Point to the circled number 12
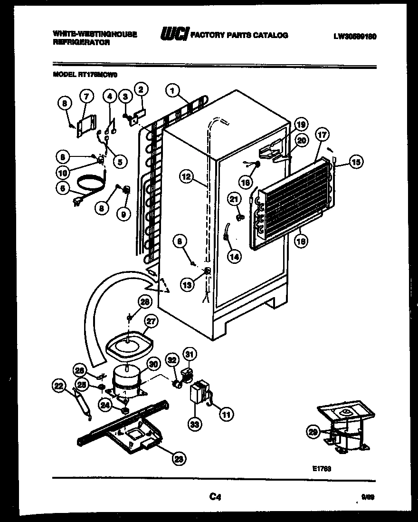(x=187, y=177)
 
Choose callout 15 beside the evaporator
(x=355, y=162)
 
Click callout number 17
(x=321, y=135)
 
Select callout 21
(x=233, y=200)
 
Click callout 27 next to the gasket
(x=151, y=321)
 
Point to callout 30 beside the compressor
(x=153, y=364)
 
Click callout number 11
(x=226, y=414)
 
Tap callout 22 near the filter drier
(x=58, y=387)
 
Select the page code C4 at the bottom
(x=215, y=497)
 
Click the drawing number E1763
(x=322, y=468)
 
